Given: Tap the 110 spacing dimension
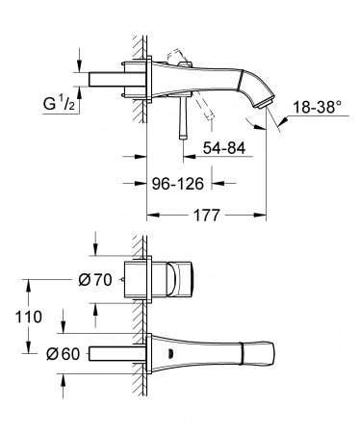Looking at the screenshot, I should coord(33,316).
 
